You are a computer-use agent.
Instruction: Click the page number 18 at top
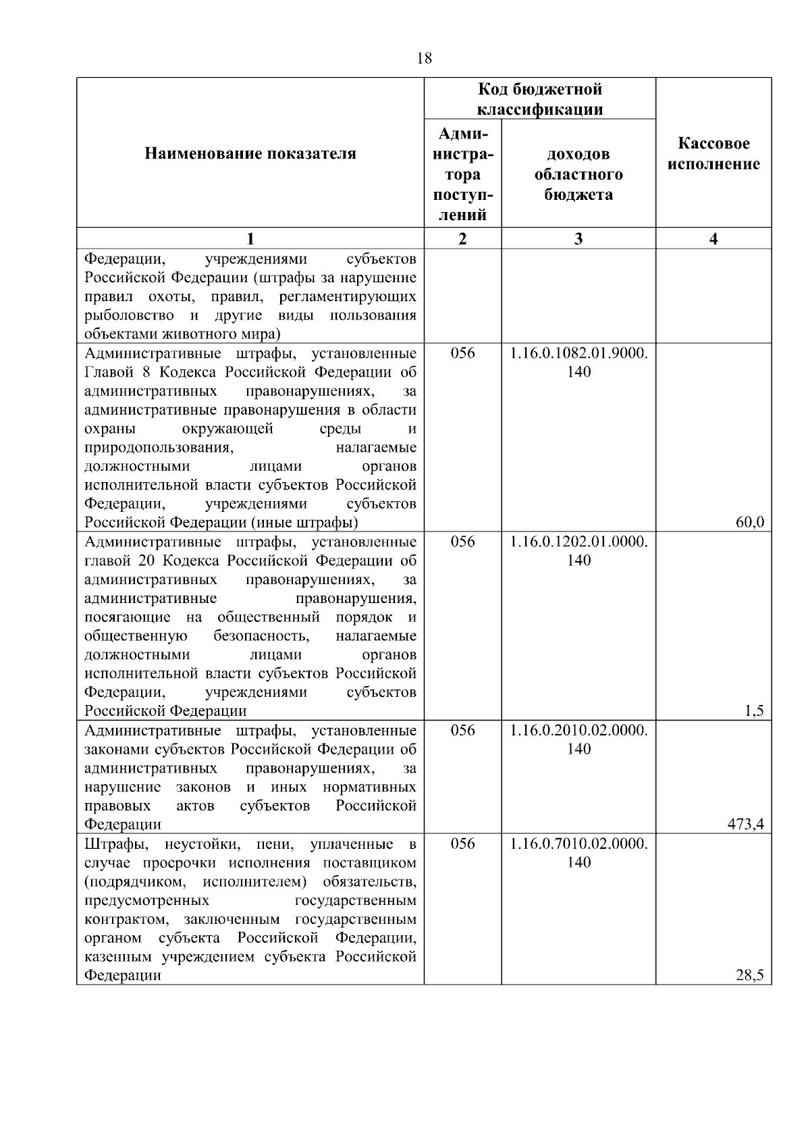pos(425,59)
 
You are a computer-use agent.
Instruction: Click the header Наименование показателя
pos(250,154)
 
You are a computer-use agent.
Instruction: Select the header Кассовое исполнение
pos(713,154)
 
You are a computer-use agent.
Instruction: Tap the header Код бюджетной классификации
pos(540,99)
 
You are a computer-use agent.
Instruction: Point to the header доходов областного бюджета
pos(578,175)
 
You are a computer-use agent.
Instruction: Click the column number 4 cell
pos(713,239)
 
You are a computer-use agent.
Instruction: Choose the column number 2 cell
pos(462,239)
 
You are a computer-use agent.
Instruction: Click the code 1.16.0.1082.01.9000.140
pos(578,363)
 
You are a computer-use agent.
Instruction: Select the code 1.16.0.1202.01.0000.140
pos(578,551)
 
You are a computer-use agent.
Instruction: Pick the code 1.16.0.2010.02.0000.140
pos(578,739)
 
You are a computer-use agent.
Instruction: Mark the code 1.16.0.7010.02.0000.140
pos(578,853)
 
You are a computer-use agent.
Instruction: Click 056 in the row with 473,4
pos(462,731)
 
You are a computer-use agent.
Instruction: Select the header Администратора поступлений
pos(462,174)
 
